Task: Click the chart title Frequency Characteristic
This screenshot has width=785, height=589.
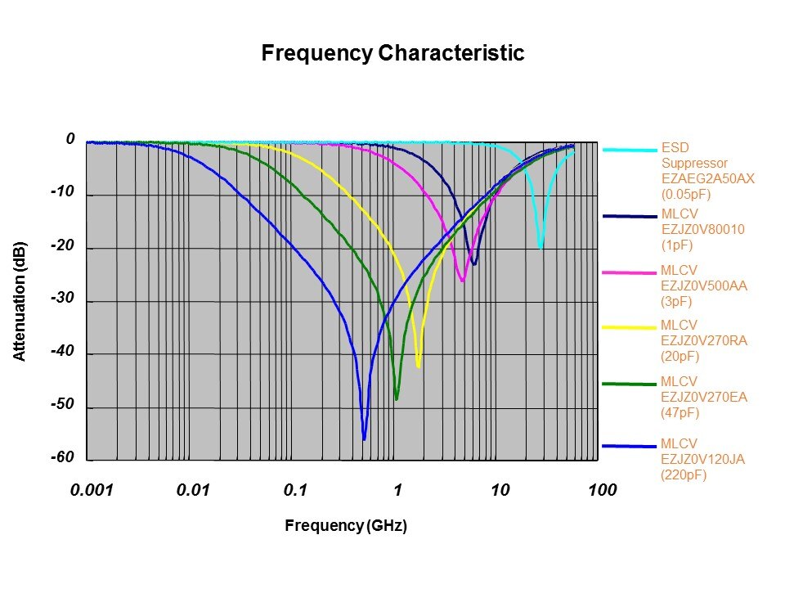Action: (392, 54)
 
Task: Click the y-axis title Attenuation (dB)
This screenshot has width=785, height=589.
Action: (20, 301)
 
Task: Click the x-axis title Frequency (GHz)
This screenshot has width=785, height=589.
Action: (345, 525)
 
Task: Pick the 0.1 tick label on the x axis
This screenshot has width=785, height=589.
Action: (295, 490)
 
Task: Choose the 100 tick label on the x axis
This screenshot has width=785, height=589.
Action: (602, 490)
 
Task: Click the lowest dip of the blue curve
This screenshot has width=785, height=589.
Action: (364, 439)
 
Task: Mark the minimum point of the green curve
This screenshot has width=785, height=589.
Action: (397, 398)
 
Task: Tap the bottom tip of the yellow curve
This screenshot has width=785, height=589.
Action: (419, 366)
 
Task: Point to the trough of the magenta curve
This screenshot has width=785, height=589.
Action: (462, 281)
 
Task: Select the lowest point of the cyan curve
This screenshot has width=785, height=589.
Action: (541, 247)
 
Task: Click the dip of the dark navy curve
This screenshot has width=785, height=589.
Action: (473, 263)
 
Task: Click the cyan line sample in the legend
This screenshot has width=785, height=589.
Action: (630, 150)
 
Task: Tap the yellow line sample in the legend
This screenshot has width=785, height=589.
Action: (630, 327)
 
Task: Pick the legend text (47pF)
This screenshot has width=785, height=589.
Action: (680, 413)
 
